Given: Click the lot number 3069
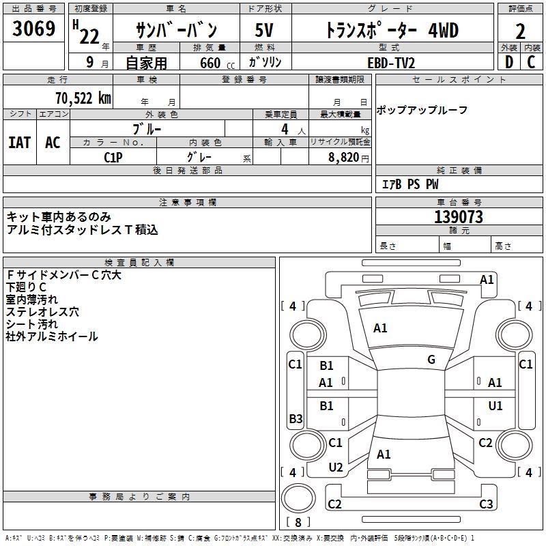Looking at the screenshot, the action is [x=34, y=29].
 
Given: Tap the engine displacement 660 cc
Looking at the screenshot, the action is [x=206, y=63].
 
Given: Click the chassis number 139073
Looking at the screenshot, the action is [x=459, y=217].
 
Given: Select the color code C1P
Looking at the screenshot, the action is [x=113, y=157].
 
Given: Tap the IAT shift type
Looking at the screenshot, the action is [x=19, y=142].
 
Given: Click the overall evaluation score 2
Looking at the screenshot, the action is [x=521, y=31].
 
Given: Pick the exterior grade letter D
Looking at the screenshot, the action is [x=508, y=62].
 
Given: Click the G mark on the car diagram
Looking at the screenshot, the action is [x=431, y=360].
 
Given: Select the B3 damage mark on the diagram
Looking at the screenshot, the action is [x=296, y=418].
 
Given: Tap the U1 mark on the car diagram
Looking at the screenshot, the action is [x=495, y=406].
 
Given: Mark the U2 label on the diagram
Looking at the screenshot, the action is [x=336, y=468].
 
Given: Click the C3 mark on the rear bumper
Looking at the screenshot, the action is [x=486, y=504].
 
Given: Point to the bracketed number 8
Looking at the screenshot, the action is [x=298, y=522].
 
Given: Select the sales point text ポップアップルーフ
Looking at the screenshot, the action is [x=422, y=110].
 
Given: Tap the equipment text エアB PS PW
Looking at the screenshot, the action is [x=409, y=184].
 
